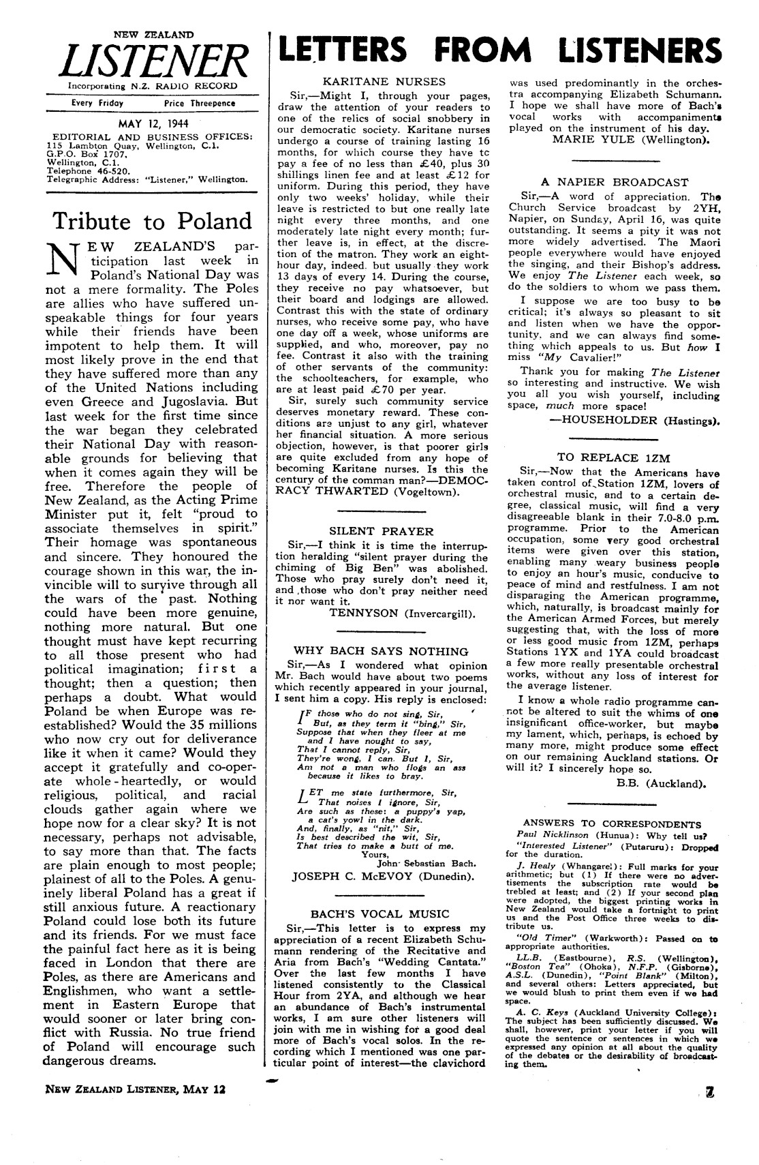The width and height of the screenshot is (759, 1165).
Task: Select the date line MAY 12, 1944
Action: coord(153,123)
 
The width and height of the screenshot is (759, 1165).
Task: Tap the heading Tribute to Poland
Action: coord(152,222)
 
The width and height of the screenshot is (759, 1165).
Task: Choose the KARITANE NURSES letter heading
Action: coord(384,82)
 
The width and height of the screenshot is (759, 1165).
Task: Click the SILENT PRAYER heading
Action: coord(381,530)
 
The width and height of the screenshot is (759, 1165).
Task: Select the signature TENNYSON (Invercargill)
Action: coord(402,613)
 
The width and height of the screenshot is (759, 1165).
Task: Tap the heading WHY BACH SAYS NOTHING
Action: coord(381,651)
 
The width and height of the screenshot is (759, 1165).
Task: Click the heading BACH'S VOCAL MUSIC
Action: coord(380,913)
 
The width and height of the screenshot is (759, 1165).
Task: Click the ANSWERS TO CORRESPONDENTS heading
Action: coord(612,823)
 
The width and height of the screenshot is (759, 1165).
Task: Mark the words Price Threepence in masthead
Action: coord(200,103)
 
